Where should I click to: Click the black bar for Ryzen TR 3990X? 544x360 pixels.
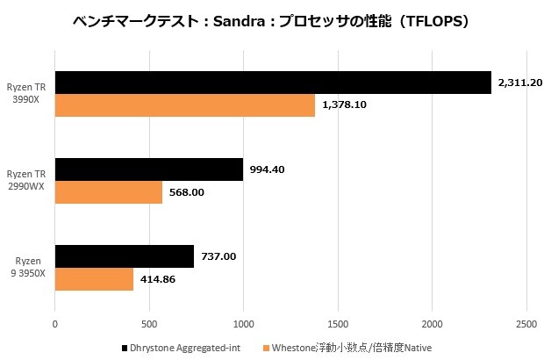coord(272,83)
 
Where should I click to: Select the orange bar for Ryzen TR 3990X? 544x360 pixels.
coord(184,105)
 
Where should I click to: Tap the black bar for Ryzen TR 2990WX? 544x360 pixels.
coord(148,169)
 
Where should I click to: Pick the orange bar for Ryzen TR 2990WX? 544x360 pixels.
coord(108,192)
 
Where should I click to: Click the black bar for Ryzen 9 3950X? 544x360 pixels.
coord(124,256)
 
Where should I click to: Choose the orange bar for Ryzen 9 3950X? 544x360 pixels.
coord(94,279)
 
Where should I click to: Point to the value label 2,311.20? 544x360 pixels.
coord(520,83)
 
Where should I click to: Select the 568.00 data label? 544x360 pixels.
coord(186,192)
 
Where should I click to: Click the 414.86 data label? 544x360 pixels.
coord(159,279)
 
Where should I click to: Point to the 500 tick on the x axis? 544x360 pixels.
coord(149,323)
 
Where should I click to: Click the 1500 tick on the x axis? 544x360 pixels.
coord(338,323)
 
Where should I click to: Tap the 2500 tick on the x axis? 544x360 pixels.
coord(526,323)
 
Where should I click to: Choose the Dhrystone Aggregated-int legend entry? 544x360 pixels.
coord(184,348)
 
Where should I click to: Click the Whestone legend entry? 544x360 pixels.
coord(351,348)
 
